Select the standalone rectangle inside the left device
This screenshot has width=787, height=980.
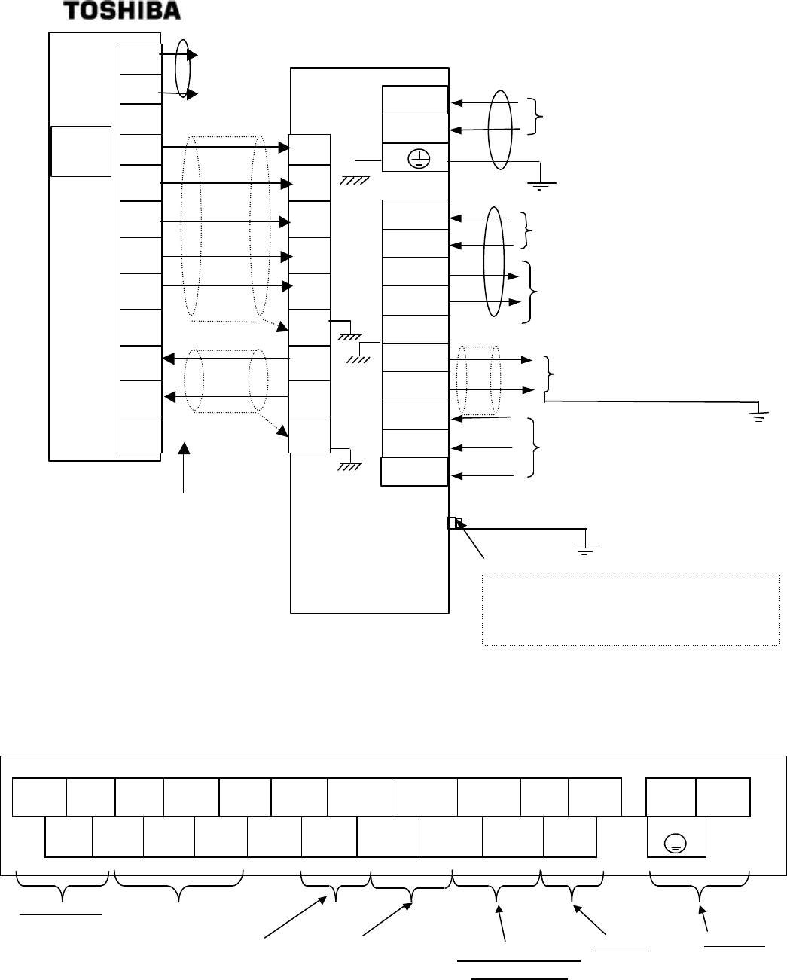pos(81,151)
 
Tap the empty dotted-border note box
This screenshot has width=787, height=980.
pos(630,610)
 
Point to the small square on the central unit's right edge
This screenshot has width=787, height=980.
pos(453,523)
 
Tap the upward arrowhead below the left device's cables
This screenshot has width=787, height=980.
pos(185,450)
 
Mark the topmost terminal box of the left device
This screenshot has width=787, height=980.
pos(141,59)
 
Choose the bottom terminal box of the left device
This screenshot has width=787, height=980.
pos(141,435)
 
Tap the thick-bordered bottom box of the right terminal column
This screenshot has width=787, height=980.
pos(415,472)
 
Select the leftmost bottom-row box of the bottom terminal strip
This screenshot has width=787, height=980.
pos(69,837)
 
